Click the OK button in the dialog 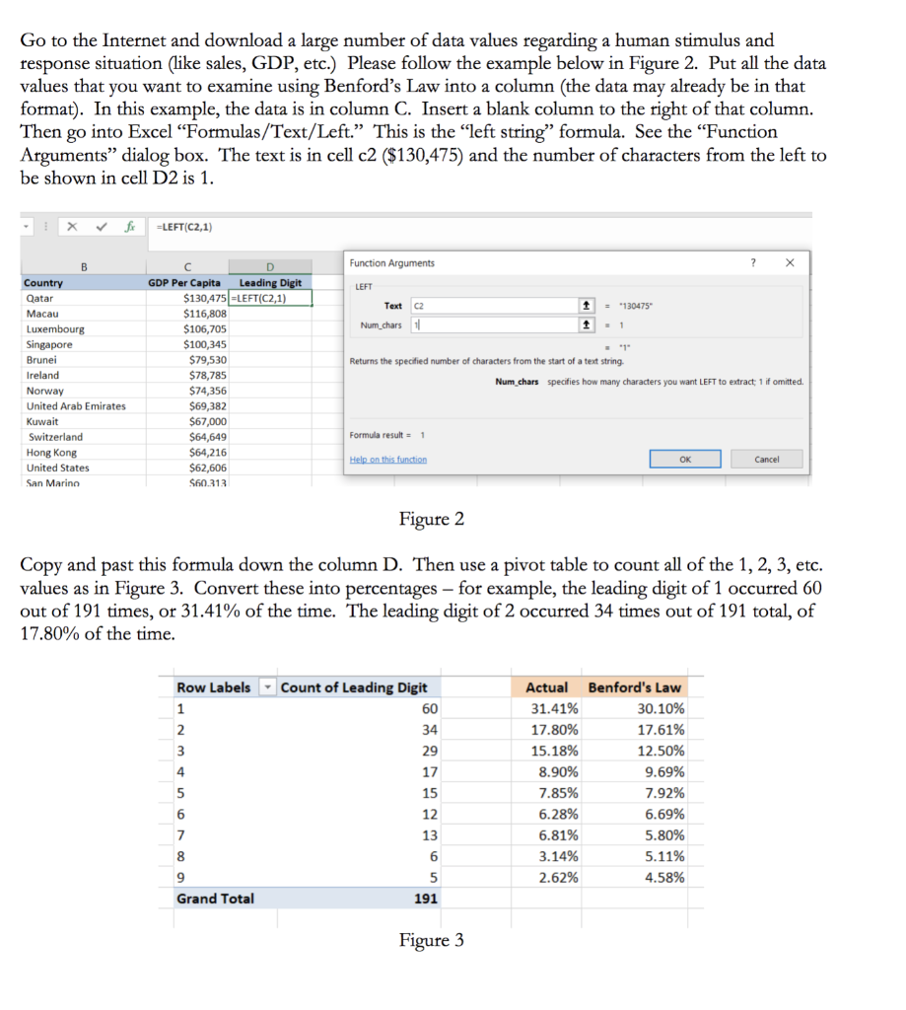point(684,459)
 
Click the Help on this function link point(388,460)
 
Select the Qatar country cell point(40,298)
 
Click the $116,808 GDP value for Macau point(205,314)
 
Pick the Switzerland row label point(56,437)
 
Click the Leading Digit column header point(270,283)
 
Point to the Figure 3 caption point(431,940)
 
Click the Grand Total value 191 point(425,899)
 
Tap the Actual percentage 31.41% point(554,709)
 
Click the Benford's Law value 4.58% point(664,878)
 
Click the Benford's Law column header point(634,687)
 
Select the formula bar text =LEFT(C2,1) point(184,227)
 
